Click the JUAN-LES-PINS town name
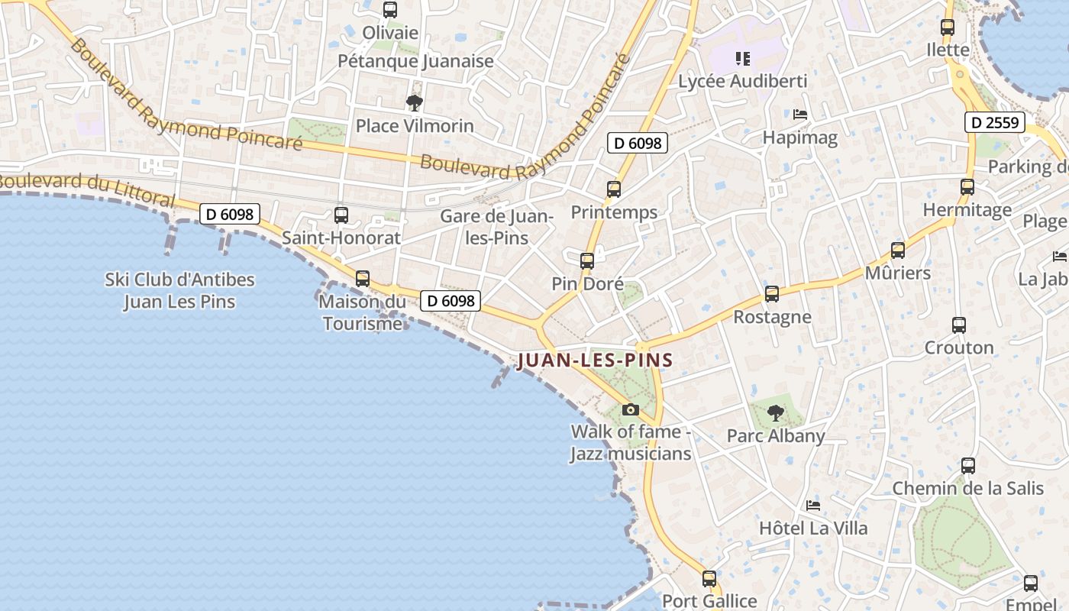[595, 360]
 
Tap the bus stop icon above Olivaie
[390, 10]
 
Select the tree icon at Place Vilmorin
[415, 102]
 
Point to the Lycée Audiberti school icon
[742, 58]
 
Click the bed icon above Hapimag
[800, 115]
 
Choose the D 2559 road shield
[994, 122]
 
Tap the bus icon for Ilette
[948, 27]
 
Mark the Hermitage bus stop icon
[967, 187]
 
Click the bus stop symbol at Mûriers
[898, 251]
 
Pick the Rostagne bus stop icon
[772, 294]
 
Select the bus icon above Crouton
[959, 325]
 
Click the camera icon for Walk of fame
[630, 410]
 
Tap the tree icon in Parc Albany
[776, 413]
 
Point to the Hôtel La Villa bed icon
[813, 506]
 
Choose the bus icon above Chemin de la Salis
[968, 466]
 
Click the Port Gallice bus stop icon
[709, 579]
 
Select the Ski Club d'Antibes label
[179, 290]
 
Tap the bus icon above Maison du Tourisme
[363, 279]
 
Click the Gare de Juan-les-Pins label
[496, 227]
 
